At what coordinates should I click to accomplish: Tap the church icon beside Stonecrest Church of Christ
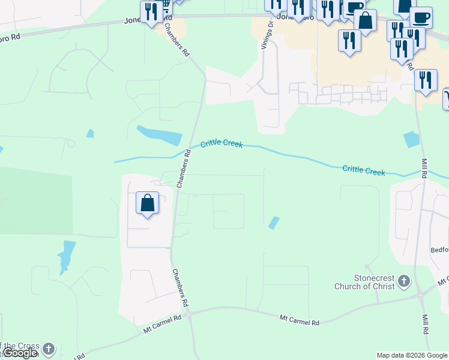pos(404,281)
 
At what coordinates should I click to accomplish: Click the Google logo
pos(20,353)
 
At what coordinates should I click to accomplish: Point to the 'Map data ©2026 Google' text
pos(412,355)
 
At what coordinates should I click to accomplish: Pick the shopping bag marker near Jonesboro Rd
pos(365,20)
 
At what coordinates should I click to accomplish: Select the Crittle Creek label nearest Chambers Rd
pos(221,143)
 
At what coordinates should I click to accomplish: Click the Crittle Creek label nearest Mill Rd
pos(364,170)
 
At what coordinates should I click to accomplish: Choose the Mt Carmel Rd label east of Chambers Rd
pos(299,320)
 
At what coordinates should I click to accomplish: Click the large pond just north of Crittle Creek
pos(160,136)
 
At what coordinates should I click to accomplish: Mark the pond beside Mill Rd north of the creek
pos(412,139)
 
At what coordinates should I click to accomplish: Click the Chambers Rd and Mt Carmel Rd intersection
pos(188,313)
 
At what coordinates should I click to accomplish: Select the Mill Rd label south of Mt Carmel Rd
pos(425,325)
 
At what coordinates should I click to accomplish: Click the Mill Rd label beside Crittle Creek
pos(424,169)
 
